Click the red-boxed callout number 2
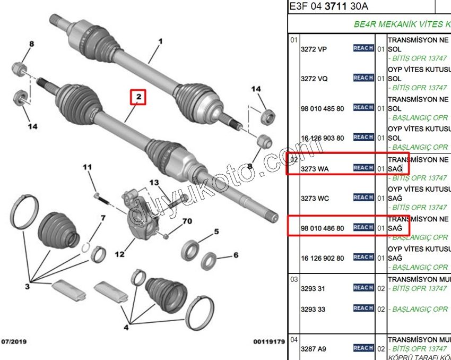pos(138,97)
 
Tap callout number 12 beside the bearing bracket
pos(120,255)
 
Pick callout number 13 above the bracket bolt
pos(154,183)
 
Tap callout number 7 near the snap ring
pos(103,218)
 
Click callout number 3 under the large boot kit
pos(27,287)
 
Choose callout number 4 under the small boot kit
pos(126,328)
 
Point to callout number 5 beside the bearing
pos(216,232)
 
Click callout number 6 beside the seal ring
pos(236,255)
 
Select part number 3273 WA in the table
pos(315,169)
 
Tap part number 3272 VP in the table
pos(314,49)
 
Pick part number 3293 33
pos(313,309)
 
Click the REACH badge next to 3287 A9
pos(363,348)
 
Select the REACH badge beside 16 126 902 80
pos(363,257)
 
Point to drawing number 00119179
pos(269,341)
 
